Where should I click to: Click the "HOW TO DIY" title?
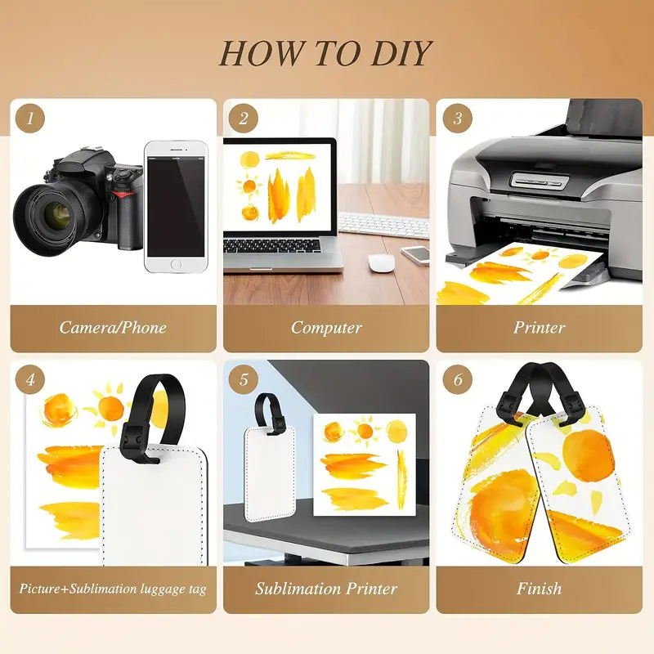coord(325,53)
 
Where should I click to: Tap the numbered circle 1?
coord(30,119)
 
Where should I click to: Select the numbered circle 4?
coord(30,379)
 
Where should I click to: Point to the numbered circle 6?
coord(458,379)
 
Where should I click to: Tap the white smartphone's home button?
coord(176,264)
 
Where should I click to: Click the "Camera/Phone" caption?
coord(113,328)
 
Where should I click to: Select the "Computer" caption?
coord(326,328)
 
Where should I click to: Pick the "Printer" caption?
coord(540,328)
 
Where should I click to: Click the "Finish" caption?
coord(540,589)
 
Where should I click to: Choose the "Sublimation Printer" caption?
coord(326,589)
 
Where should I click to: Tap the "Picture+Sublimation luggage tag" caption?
coord(113,589)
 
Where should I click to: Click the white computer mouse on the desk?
coord(381,263)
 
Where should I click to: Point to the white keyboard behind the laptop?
coord(383,226)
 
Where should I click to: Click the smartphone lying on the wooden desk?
coord(416,255)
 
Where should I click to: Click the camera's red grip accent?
coord(124,194)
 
